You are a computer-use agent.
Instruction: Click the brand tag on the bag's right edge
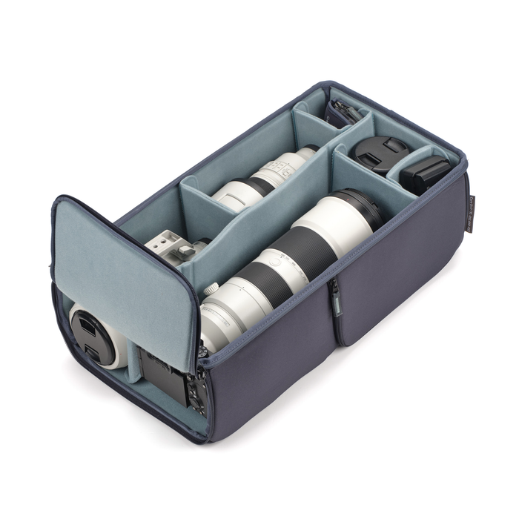point(471,213)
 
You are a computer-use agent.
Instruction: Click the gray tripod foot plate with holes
point(165,245)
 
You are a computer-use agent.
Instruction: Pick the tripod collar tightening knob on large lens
point(211,289)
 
